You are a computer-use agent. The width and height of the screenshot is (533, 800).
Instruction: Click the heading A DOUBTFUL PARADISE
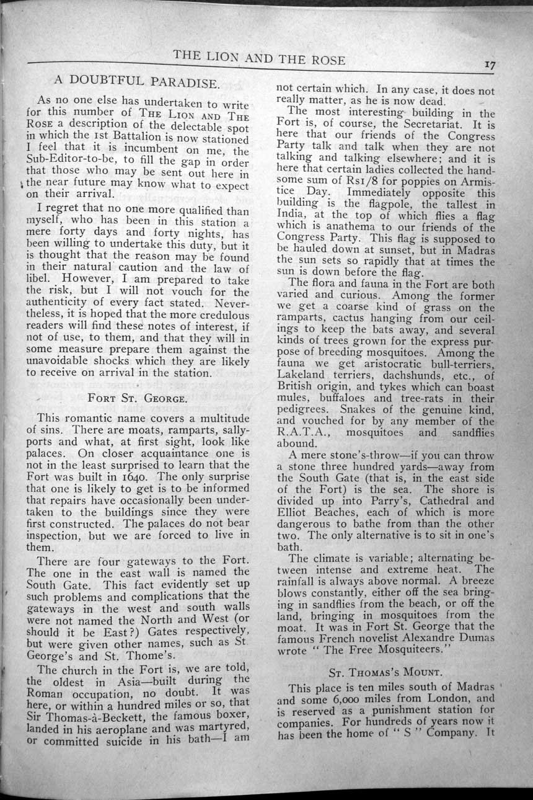[x=135, y=81]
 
